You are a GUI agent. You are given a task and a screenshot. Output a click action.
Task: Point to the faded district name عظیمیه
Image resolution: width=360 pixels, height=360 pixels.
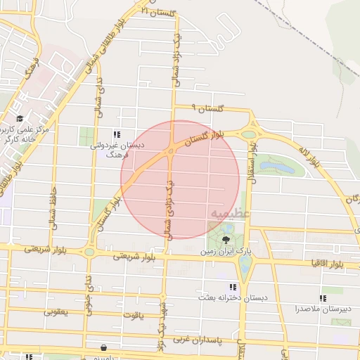tap(226, 212)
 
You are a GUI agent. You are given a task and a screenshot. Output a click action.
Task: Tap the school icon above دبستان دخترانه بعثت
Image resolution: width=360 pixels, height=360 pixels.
tap(232, 287)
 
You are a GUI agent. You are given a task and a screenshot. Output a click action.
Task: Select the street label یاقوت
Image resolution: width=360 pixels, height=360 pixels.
tap(143, 316)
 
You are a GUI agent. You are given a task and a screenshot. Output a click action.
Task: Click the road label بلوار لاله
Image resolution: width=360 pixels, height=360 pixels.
tap(309, 156)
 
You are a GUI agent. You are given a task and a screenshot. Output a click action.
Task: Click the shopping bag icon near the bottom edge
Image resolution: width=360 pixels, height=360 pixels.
tap(104, 347)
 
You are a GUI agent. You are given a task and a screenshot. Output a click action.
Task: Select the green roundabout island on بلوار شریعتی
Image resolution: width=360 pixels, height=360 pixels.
tap(89, 252)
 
